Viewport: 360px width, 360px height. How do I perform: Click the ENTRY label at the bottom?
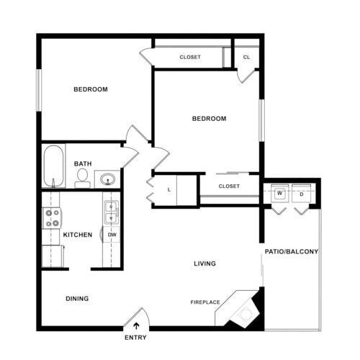[x=135, y=337]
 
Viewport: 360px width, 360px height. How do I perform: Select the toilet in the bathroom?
[x=82, y=176]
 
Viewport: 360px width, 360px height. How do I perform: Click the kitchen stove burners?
[x=52, y=217]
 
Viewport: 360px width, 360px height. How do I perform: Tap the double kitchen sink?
[x=112, y=212]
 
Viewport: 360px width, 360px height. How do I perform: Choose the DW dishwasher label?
[x=112, y=235]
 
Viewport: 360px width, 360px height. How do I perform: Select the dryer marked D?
[x=301, y=194]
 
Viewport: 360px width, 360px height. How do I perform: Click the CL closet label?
[x=246, y=57]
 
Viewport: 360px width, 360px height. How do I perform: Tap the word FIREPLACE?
[x=205, y=302]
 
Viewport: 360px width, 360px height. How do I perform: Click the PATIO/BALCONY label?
[x=292, y=251]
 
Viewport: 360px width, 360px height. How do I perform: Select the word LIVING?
[x=204, y=264]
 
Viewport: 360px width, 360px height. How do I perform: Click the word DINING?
[x=77, y=298]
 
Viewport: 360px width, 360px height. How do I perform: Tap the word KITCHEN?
[x=78, y=235]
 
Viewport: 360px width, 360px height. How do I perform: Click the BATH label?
[x=83, y=163]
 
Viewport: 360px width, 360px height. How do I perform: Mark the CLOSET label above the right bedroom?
[x=190, y=57]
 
